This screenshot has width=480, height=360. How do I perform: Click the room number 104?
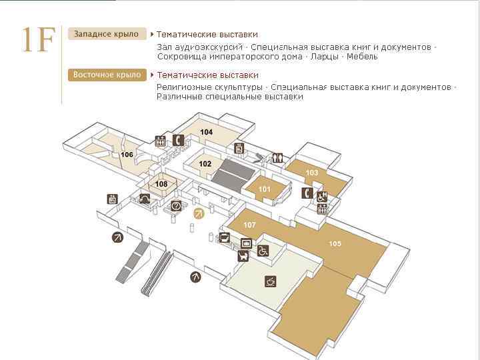click(x=206, y=132)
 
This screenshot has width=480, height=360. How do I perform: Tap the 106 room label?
click(x=127, y=155)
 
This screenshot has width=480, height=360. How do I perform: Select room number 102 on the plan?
click(x=205, y=163)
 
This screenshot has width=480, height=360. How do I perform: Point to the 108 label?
click(x=161, y=184)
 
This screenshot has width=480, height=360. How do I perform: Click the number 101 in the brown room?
click(x=265, y=189)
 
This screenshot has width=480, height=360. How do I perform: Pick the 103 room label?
click(x=312, y=173)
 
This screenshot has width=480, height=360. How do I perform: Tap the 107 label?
click(x=250, y=224)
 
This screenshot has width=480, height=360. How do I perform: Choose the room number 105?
click(x=335, y=243)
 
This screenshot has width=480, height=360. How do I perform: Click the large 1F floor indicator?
click(x=36, y=41)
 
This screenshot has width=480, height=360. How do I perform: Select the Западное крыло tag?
click(x=106, y=34)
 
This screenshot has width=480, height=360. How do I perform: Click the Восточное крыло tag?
click(x=107, y=75)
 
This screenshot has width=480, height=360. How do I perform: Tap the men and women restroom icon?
click(x=278, y=158)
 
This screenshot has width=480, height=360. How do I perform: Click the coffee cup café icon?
click(x=270, y=281)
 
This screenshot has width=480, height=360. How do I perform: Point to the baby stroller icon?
click(x=244, y=254)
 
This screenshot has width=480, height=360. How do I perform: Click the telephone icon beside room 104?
click(x=178, y=140)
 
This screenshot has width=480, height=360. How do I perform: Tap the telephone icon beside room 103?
click(x=307, y=193)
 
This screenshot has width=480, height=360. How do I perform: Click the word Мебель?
click(x=362, y=57)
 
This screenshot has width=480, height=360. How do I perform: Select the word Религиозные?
click(x=185, y=87)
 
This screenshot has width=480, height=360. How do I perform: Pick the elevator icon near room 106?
click(x=160, y=141)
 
